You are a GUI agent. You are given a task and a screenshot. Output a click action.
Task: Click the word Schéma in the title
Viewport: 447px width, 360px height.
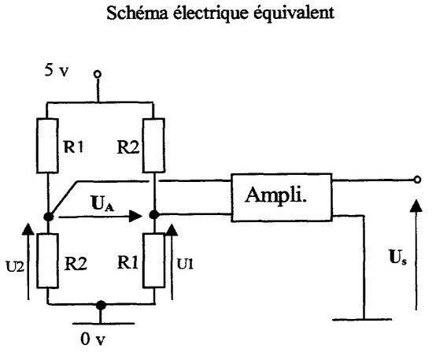point(137,13)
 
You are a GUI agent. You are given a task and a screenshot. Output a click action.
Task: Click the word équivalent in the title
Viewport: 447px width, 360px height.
point(294,13)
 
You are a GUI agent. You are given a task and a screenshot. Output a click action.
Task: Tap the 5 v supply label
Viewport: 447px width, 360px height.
point(57,70)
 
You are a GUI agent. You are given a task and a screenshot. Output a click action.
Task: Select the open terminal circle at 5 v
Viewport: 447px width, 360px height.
point(98,74)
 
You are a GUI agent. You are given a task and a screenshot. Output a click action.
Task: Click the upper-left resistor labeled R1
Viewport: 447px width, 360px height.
point(47,146)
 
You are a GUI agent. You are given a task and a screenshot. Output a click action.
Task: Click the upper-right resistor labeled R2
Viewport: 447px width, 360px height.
point(154,145)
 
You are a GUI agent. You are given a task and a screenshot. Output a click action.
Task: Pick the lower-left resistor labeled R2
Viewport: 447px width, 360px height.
point(47,261)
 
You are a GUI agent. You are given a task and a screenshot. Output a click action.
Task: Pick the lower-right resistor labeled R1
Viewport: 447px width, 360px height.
point(154,261)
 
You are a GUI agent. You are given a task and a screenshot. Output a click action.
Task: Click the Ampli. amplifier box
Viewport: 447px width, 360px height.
point(282,197)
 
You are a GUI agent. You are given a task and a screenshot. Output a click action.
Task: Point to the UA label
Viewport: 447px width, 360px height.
point(102,203)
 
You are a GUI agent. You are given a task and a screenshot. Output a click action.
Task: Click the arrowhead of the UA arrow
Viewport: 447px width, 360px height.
point(135,216)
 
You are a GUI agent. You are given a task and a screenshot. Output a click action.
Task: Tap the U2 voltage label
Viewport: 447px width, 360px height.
point(15,267)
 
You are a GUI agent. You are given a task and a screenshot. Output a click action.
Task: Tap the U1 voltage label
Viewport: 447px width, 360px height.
point(185,265)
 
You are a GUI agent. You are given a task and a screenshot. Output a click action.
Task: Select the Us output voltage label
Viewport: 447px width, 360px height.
point(398,257)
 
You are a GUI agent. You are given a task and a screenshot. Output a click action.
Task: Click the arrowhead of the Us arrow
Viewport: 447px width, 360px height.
point(416,206)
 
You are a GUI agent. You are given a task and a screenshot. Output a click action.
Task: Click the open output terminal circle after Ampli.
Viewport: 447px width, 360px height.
point(417,180)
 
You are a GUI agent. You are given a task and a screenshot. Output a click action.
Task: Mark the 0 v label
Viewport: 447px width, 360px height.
point(93,339)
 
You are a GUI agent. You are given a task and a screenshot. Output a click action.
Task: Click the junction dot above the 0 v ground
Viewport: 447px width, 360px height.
point(101,305)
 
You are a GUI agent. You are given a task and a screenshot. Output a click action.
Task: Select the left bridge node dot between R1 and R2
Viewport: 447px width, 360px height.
point(49,217)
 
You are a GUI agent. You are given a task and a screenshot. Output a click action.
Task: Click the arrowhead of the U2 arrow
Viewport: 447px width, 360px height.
point(28,229)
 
